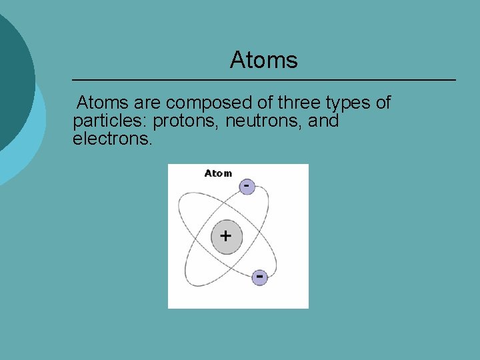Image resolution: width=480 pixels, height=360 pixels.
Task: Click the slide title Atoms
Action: point(263,60)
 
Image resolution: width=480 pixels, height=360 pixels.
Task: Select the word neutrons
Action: point(264,121)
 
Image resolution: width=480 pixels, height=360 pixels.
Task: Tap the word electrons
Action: point(112,140)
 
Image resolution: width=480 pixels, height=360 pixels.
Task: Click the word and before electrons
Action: point(323,121)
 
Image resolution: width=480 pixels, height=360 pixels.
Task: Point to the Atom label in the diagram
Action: point(218,173)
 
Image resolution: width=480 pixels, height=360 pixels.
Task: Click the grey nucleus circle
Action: point(226,237)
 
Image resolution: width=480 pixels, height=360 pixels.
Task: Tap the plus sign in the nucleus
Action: point(226,235)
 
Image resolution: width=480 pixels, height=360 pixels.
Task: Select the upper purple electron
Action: point(247,186)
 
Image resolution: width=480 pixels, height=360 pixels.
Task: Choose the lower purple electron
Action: point(259,277)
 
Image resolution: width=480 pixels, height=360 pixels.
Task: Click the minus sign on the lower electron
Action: point(259,275)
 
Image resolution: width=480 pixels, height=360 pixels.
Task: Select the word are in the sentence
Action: point(147,103)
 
